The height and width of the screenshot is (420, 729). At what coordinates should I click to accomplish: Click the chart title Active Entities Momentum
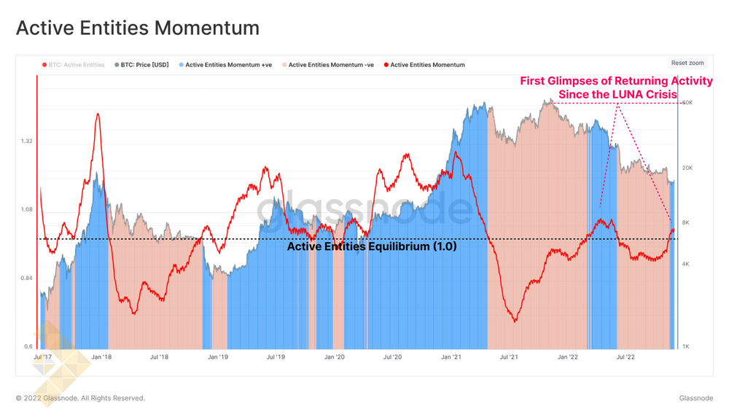pyautogui.click(x=138, y=28)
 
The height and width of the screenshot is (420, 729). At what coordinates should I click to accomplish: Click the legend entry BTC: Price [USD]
pyautogui.click(x=144, y=65)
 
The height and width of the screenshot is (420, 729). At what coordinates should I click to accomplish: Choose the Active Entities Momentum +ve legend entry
pyautogui.click(x=228, y=65)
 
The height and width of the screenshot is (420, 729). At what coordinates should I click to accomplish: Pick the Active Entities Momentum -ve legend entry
pyautogui.click(x=331, y=65)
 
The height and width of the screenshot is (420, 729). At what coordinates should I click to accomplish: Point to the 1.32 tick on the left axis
pyautogui.click(x=26, y=141)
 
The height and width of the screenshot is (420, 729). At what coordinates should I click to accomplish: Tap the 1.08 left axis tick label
pyautogui.click(x=26, y=210)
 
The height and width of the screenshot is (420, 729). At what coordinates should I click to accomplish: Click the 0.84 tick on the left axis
pyautogui.click(x=26, y=279)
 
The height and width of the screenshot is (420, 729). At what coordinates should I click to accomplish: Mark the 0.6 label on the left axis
pyautogui.click(x=28, y=347)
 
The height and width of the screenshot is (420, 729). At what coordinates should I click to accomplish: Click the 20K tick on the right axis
pyautogui.click(x=687, y=168)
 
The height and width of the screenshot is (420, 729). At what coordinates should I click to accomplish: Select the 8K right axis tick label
pyautogui.click(x=686, y=223)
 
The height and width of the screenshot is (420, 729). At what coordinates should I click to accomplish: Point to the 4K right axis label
pyautogui.click(x=686, y=265)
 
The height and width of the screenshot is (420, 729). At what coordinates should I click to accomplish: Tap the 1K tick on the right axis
pyautogui.click(x=686, y=347)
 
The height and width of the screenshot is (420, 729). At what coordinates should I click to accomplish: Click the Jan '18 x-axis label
pyautogui.click(x=101, y=357)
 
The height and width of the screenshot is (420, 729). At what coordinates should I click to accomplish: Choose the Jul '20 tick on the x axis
pyautogui.click(x=392, y=357)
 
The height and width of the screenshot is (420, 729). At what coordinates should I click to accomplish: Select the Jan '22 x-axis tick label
pyautogui.click(x=568, y=357)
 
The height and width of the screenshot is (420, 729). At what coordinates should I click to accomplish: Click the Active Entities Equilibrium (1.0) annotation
pyautogui.click(x=372, y=246)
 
